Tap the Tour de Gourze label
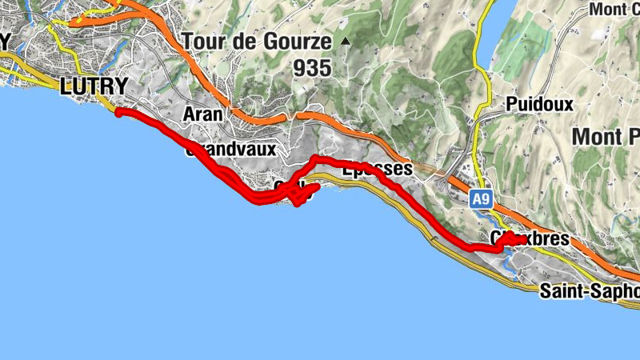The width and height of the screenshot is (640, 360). click(256, 41)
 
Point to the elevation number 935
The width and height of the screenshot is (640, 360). click(312, 69)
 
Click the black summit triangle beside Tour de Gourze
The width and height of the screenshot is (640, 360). click(346, 41)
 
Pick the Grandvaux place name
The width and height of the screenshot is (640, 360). click(231, 150)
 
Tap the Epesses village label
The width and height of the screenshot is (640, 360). click(376, 170)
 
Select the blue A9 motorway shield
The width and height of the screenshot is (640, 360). click(480, 198)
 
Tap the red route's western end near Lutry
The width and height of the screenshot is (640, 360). click(119, 113)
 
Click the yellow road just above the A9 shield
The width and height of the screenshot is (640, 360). click(482, 172)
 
